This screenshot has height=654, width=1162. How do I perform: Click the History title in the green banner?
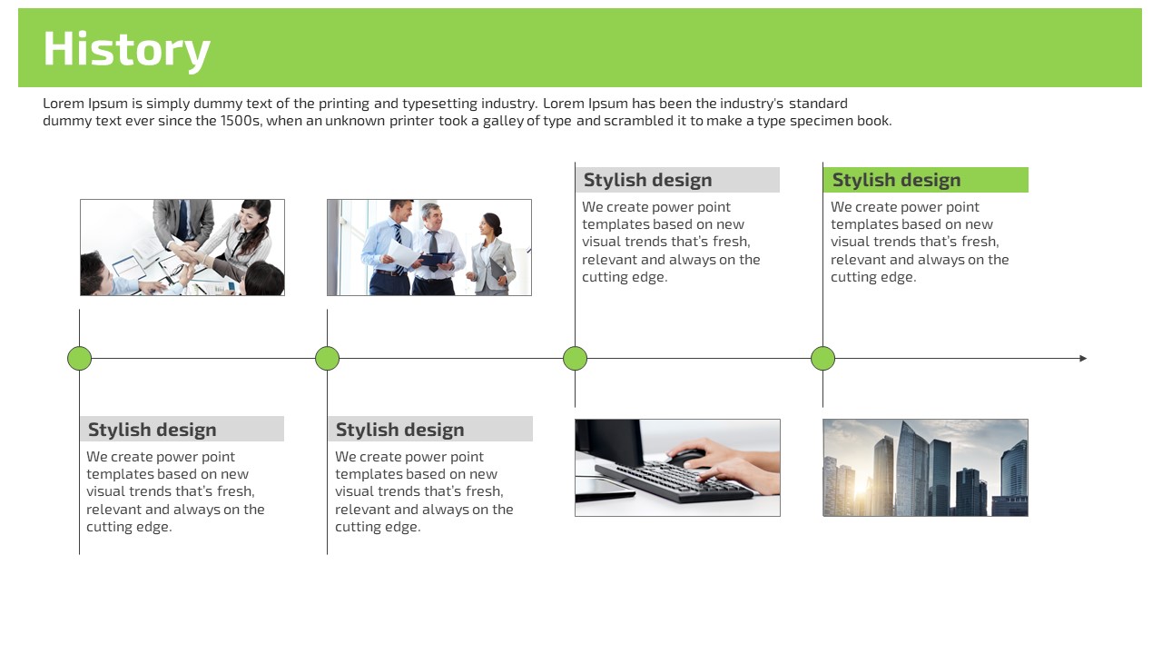pyautogui.click(x=126, y=50)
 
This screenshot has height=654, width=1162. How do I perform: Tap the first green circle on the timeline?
pyautogui.click(x=79, y=358)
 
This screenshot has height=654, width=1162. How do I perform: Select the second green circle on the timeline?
pyautogui.click(x=328, y=358)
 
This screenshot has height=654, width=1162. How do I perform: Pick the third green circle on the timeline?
pyautogui.click(x=575, y=358)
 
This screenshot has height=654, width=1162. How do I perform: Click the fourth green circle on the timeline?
pyautogui.click(x=822, y=358)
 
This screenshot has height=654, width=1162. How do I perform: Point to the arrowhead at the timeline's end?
pyautogui.click(x=1083, y=358)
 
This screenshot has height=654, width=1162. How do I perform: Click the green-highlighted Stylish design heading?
pyautogui.click(x=896, y=180)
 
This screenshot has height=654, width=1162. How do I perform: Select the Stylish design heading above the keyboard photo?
pyautogui.click(x=647, y=180)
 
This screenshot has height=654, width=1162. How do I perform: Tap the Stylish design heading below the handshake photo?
pyautogui.click(x=152, y=430)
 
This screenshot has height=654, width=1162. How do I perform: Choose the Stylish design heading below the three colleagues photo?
pyautogui.click(x=399, y=430)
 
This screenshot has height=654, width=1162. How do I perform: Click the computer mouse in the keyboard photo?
pyautogui.click(x=685, y=459)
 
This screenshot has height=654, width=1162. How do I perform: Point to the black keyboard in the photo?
pyautogui.click(x=675, y=482)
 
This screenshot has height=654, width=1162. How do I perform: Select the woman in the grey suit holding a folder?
pyautogui.click(x=493, y=254)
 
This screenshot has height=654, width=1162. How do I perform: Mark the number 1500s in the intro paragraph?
pyautogui.click(x=240, y=121)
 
